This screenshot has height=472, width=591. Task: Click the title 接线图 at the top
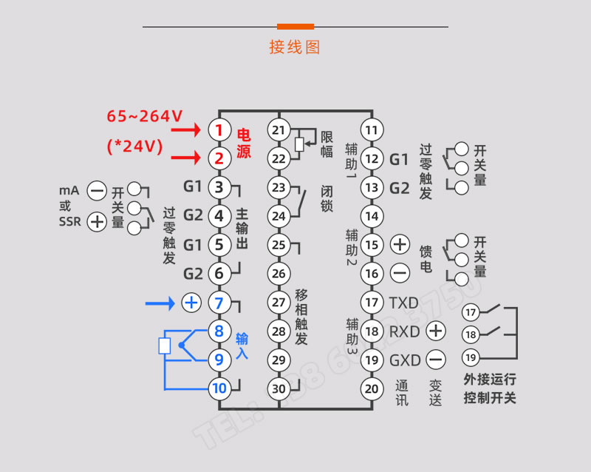click(295, 47)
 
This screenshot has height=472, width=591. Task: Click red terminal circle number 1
click(219, 130)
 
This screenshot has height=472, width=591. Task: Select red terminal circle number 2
click(219, 158)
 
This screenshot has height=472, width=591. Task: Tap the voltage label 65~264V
click(145, 116)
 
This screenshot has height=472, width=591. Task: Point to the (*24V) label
click(134, 146)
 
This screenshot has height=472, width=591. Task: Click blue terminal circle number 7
click(219, 303)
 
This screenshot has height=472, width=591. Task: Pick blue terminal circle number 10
click(219, 388)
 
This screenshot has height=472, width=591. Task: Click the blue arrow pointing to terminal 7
click(160, 303)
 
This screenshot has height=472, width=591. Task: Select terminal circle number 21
click(278, 130)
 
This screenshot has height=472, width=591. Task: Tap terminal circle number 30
click(278, 388)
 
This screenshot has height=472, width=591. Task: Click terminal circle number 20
click(372, 388)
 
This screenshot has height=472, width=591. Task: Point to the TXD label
click(404, 303)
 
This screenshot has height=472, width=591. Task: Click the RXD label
click(404, 331)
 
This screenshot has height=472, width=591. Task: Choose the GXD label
click(404, 360)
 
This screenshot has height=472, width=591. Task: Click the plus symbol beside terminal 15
click(400, 244)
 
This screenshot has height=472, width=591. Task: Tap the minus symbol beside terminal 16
click(400, 273)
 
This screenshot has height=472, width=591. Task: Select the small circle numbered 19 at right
click(471, 358)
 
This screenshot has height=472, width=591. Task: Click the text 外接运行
click(490, 380)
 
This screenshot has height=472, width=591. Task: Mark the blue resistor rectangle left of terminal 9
click(165, 345)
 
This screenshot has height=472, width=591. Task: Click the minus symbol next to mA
click(97, 191)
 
